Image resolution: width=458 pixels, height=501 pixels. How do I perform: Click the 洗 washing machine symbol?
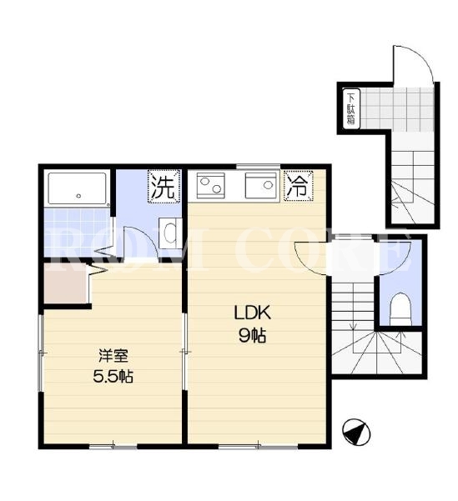tap(164, 187)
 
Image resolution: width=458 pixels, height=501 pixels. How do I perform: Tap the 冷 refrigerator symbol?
tap(298, 186)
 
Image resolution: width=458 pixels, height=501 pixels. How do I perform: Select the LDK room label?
tap(253, 313)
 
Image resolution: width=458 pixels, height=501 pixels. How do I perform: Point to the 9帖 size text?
tap(252, 335)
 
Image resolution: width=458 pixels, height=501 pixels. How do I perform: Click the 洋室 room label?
tap(113, 356)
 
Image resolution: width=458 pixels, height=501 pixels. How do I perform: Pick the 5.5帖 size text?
tap(113, 377)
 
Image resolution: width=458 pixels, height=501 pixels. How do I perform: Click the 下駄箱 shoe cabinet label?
tap(351, 108)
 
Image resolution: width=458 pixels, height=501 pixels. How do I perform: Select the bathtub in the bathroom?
tap(77, 188)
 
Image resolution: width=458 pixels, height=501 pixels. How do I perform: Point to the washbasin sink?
tap(170, 233)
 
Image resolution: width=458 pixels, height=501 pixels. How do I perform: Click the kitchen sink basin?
tap(260, 185)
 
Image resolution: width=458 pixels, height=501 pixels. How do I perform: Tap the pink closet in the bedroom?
tap(66, 283)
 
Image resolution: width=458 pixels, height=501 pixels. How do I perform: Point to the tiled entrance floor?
tap(396, 108)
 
